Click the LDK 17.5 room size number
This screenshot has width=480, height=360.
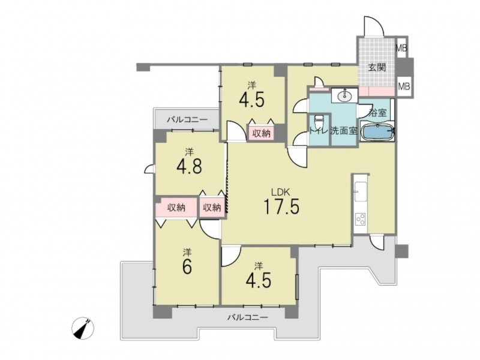281,206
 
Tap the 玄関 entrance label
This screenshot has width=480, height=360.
377,67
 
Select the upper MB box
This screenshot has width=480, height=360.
401,47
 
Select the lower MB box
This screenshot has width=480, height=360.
404,86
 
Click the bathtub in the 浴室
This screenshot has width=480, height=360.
377,131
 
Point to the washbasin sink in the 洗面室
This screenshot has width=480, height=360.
344,96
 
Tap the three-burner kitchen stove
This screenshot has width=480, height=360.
361,219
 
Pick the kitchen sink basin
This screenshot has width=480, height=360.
361,191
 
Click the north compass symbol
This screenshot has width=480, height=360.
83,328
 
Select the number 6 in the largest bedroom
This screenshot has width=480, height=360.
187,267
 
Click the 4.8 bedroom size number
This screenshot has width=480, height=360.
189,167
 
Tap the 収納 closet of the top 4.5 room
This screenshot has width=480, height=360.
261,133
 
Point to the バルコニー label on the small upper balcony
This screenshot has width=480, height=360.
187,119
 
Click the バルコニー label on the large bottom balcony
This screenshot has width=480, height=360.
247,317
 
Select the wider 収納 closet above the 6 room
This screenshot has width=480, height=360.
176,208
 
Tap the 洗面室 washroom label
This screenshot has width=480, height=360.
344,131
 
